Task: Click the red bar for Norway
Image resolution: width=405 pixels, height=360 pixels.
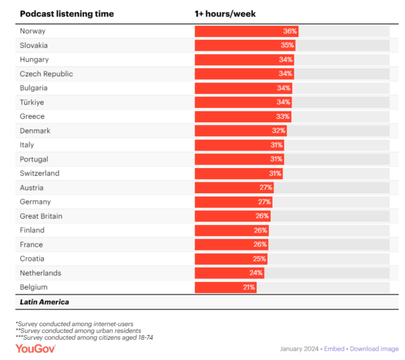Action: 246,31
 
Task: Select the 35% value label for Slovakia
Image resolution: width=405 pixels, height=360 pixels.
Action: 288,45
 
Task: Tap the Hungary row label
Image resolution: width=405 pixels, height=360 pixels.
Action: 34,59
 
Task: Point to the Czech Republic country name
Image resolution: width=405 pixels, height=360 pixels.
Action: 47,74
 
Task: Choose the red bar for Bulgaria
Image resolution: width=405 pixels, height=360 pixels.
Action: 244,88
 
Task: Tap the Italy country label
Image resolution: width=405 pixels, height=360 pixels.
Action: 27,145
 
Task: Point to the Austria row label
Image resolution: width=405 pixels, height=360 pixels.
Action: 32,187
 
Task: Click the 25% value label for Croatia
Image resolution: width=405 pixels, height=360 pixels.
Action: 260,259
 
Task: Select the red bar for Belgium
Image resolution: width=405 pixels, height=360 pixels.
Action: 225,287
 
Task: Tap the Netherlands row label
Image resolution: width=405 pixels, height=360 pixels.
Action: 40,273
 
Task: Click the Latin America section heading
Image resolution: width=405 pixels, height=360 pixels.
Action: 45,302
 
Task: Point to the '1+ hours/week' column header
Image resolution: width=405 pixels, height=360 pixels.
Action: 225,14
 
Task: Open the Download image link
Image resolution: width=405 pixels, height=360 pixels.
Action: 374,349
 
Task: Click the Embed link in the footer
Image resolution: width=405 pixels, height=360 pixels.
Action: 334,349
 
